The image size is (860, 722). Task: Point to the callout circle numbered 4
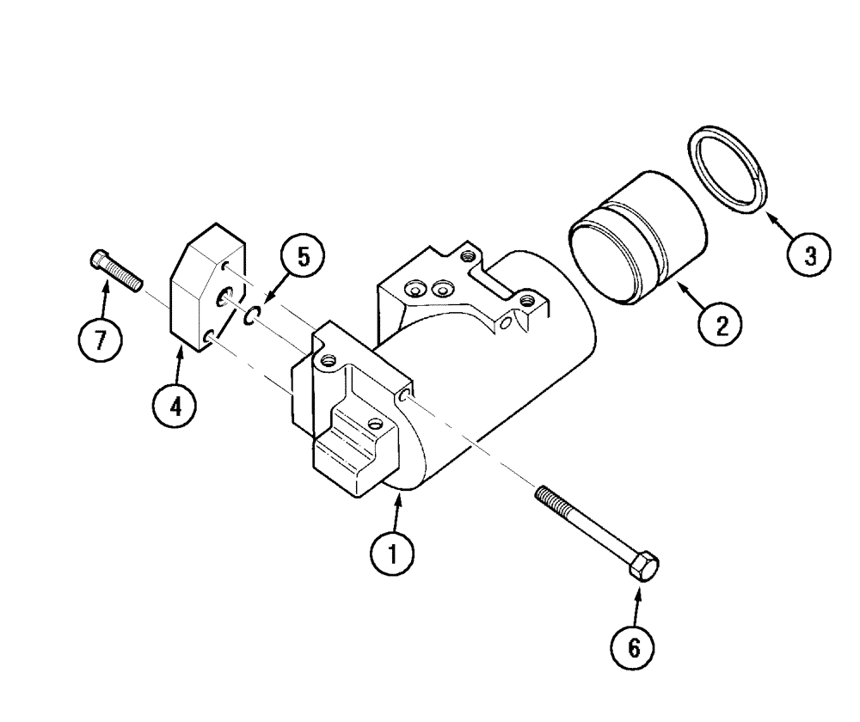pyautogui.click(x=175, y=405)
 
